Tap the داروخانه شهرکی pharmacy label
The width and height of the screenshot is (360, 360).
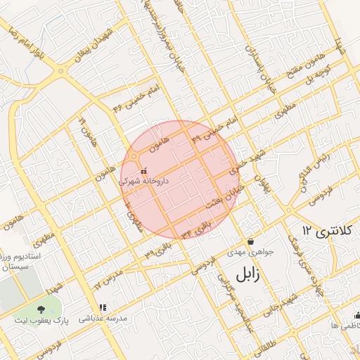(143, 181)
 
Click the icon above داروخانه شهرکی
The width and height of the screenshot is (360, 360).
(143, 170)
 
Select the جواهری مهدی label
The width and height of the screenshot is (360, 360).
(245, 251)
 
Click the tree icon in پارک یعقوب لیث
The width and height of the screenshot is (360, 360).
(41, 309)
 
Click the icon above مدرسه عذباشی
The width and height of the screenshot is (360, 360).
(103, 307)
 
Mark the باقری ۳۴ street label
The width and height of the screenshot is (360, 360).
(195, 229)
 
